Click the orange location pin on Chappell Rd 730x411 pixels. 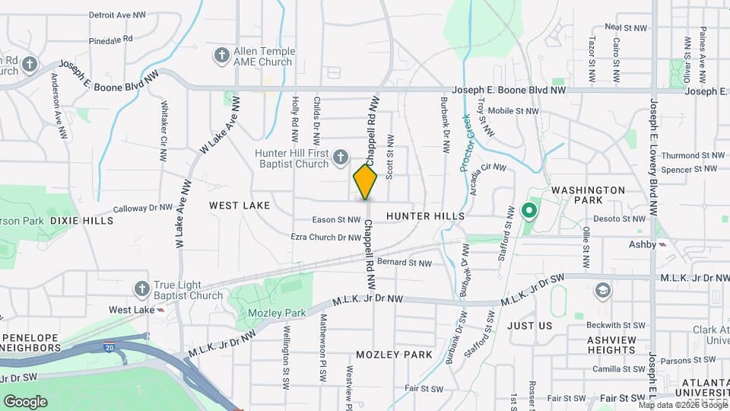point(366,181)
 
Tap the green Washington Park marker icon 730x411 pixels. point(529,210)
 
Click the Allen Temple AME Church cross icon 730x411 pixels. point(221,56)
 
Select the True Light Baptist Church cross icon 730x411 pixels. point(141,288)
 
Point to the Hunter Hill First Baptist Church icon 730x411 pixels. point(341,158)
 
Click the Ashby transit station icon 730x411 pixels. point(662,244)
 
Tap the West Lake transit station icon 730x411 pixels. point(161,310)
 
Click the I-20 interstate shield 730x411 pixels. point(111,346)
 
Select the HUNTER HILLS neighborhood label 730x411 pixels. point(425,216)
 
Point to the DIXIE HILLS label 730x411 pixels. point(81,221)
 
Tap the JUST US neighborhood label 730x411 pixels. point(529,326)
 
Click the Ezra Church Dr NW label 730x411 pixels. point(326,237)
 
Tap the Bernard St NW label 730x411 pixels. point(404,263)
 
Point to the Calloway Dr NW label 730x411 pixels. point(143,207)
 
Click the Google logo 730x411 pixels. point(25,401)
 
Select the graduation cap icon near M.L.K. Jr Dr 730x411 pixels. point(603,291)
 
